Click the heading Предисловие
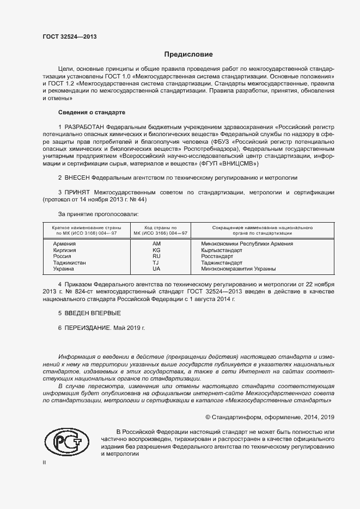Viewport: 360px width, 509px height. [188, 54]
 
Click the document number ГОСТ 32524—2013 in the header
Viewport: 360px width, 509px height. [70, 36]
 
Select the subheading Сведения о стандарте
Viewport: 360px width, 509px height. [91, 113]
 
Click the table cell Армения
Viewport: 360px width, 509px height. [64, 244]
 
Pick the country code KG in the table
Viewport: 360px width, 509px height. [156, 250]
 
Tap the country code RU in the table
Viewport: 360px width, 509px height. [156, 256]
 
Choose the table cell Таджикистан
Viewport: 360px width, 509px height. [70, 262]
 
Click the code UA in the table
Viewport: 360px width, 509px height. [156, 269]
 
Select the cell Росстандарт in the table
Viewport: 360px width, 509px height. [217, 256]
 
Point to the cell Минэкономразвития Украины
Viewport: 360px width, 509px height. [239, 269]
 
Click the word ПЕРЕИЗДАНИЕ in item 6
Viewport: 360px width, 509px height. [88, 328]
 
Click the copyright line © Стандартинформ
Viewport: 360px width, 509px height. [270, 417]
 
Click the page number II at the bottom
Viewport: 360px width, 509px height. [44, 462]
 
